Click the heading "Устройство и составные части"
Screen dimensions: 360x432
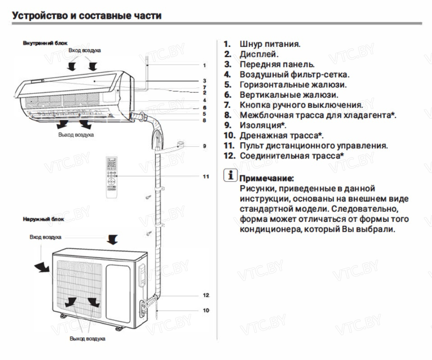(x=87, y=16)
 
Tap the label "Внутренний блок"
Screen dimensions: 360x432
(x=39, y=43)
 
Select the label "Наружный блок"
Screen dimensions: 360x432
(x=43, y=219)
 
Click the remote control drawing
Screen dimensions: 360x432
(x=111, y=177)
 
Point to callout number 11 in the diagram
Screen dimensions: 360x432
(x=205, y=176)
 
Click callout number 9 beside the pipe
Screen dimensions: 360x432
(x=204, y=146)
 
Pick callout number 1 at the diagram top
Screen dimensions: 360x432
(x=204, y=65)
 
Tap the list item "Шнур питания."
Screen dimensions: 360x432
(x=270, y=44)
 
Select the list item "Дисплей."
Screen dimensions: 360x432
(x=259, y=54)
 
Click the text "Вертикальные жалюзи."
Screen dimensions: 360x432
(x=288, y=95)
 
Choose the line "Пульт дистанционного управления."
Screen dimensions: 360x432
(x=314, y=145)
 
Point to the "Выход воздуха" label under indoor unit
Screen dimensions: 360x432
(x=76, y=135)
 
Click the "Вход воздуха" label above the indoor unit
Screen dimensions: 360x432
(x=85, y=50)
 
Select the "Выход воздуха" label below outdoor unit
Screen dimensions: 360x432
(x=88, y=338)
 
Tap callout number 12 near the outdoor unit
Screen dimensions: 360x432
(x=206, y=295)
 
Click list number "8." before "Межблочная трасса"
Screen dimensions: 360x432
(x=228, y=115)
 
